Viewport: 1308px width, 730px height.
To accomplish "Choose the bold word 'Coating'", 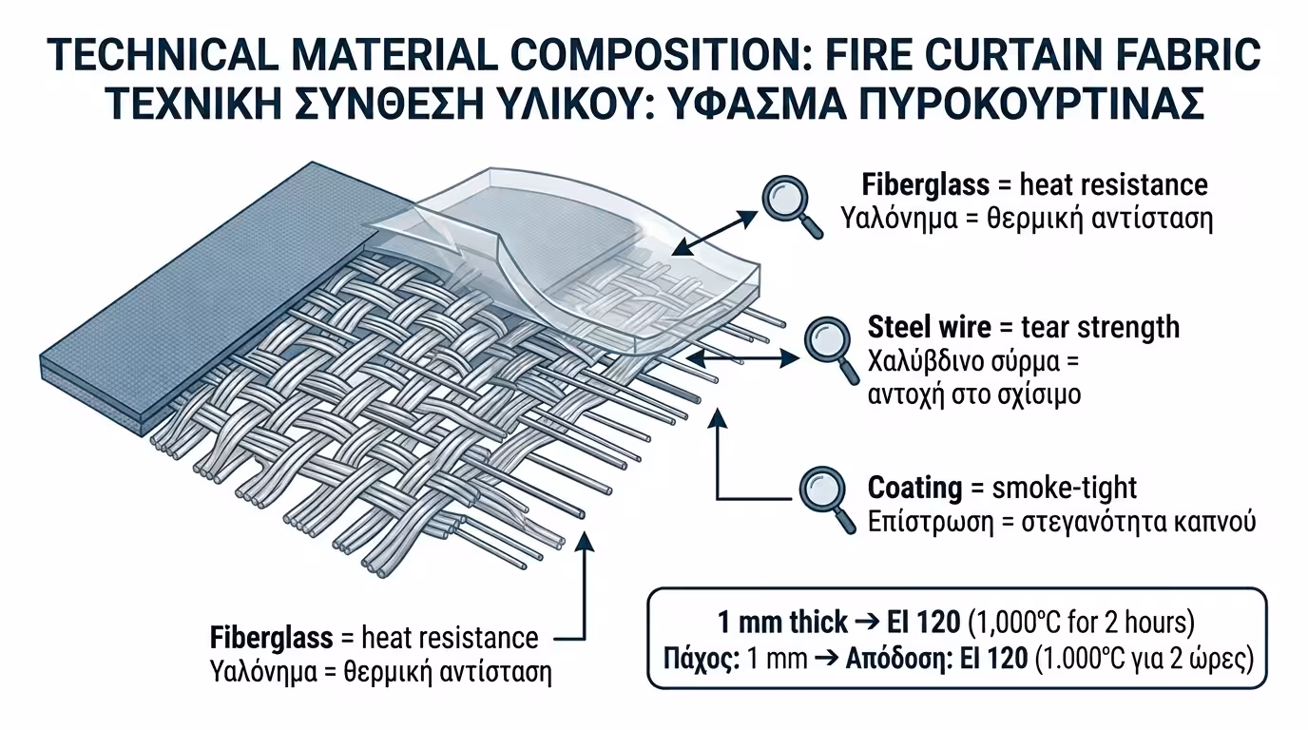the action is coord(914,488).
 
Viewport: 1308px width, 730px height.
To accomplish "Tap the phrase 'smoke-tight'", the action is coord(1065,487).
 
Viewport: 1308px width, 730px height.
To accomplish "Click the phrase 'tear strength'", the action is coord(1100,327).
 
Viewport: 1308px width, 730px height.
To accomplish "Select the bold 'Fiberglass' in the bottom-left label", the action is coord(272,637).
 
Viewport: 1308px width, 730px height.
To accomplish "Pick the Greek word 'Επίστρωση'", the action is coord(931,522).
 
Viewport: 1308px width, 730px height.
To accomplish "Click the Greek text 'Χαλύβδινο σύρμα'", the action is coord(964,361).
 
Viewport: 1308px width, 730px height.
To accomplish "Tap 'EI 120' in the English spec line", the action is coord(924,622).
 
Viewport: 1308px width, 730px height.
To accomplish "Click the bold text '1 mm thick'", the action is coord(782,622).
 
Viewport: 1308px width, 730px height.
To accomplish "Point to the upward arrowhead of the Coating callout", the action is coord(718,418).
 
